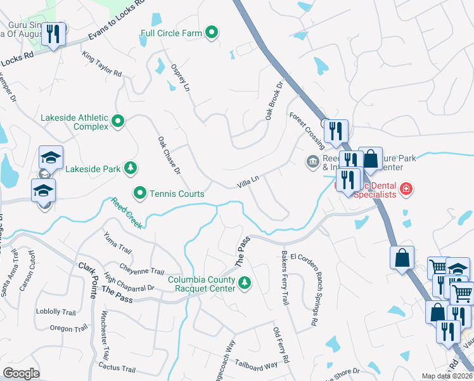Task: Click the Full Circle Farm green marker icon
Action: click(212, 33)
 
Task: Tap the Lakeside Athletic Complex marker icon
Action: click(118, 121)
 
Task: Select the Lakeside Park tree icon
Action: click(130, 168)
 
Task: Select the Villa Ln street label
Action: click(248, 182)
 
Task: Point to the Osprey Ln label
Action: click(181, 78)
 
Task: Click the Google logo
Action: click(21, 373)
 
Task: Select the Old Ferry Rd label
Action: click(281, 346)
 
